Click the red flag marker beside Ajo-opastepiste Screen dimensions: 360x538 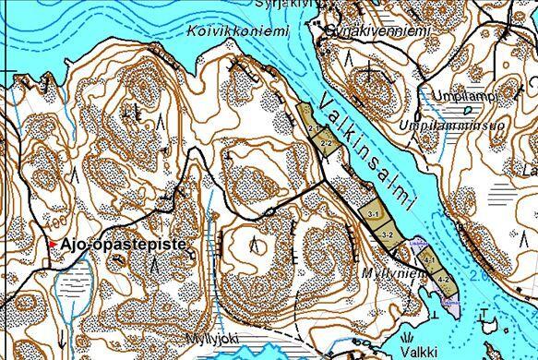[x=54, y=244]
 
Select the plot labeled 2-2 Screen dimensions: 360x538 [x=326, y=144]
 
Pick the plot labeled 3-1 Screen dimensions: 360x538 [x=373, y=213]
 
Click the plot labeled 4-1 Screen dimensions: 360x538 [x=429, y=262]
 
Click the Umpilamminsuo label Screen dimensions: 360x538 [x=447, y=125]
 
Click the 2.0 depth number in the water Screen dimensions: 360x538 [x=476, y=274]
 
